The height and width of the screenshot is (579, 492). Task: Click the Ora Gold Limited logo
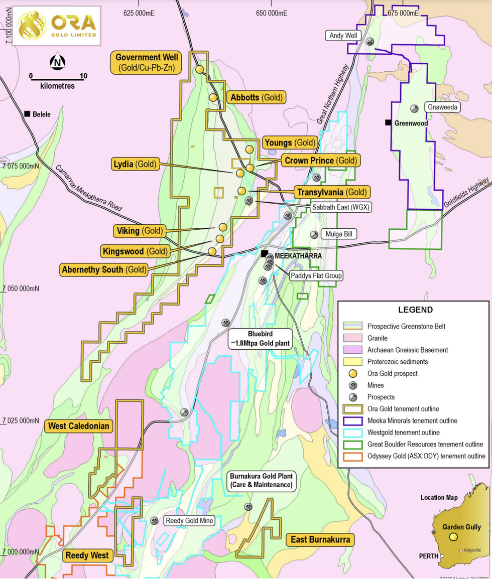click(56, 26)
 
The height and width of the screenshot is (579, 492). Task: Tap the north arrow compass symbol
click(58, 62)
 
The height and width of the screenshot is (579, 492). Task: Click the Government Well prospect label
click(147, 63)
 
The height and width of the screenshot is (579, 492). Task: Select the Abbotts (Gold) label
click(256, 97)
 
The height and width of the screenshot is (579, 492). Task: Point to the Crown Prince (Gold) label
click(320, 161)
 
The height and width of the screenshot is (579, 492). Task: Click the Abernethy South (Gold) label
click(104, 269)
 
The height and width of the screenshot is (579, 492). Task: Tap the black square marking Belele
click(28, 114)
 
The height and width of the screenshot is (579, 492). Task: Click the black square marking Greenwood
click(388, 123)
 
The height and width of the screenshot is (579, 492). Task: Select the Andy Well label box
click(343, 36)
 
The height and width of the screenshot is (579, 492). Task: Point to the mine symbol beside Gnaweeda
click(415, 108)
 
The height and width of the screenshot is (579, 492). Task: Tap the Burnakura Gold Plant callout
click(261, 480)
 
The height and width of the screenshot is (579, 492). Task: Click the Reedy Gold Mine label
click(190, 521)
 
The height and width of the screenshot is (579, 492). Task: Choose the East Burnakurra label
click(320, 540)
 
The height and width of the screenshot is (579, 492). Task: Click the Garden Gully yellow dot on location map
click(453, 537)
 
